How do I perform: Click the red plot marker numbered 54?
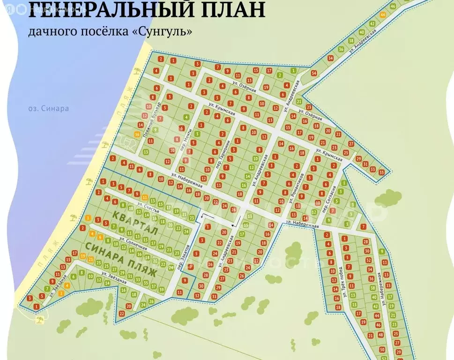(x=313, y=73)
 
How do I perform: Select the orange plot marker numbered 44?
(x=383, y=15)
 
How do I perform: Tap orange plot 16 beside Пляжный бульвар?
(x=137, y=134)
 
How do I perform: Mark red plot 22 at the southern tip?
(x=121, y=313)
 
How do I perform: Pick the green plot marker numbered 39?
(x=162, y=290)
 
